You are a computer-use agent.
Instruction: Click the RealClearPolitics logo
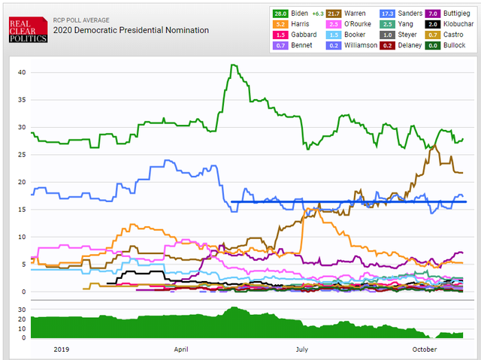(29, 29)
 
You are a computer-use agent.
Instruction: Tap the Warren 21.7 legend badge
(334, 14)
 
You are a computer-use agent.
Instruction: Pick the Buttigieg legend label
(456, 14)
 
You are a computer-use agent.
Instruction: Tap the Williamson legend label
(361, 45)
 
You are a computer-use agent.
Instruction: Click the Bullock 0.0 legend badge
(433, 45)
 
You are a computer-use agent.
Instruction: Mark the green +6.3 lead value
(318, 14)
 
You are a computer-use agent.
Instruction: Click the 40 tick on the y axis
(22, 72)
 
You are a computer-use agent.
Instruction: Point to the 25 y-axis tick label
(22, 155)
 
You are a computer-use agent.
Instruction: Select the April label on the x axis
(181, 349)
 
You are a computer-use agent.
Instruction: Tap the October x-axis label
(425, 349)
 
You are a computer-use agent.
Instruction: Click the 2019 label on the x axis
(62, 349)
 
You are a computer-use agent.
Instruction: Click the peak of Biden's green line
(233, 65)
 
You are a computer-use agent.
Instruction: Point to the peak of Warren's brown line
(434, 146)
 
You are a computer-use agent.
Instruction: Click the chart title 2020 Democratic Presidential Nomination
(131, 30)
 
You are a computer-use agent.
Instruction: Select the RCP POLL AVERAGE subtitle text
(81, 20)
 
